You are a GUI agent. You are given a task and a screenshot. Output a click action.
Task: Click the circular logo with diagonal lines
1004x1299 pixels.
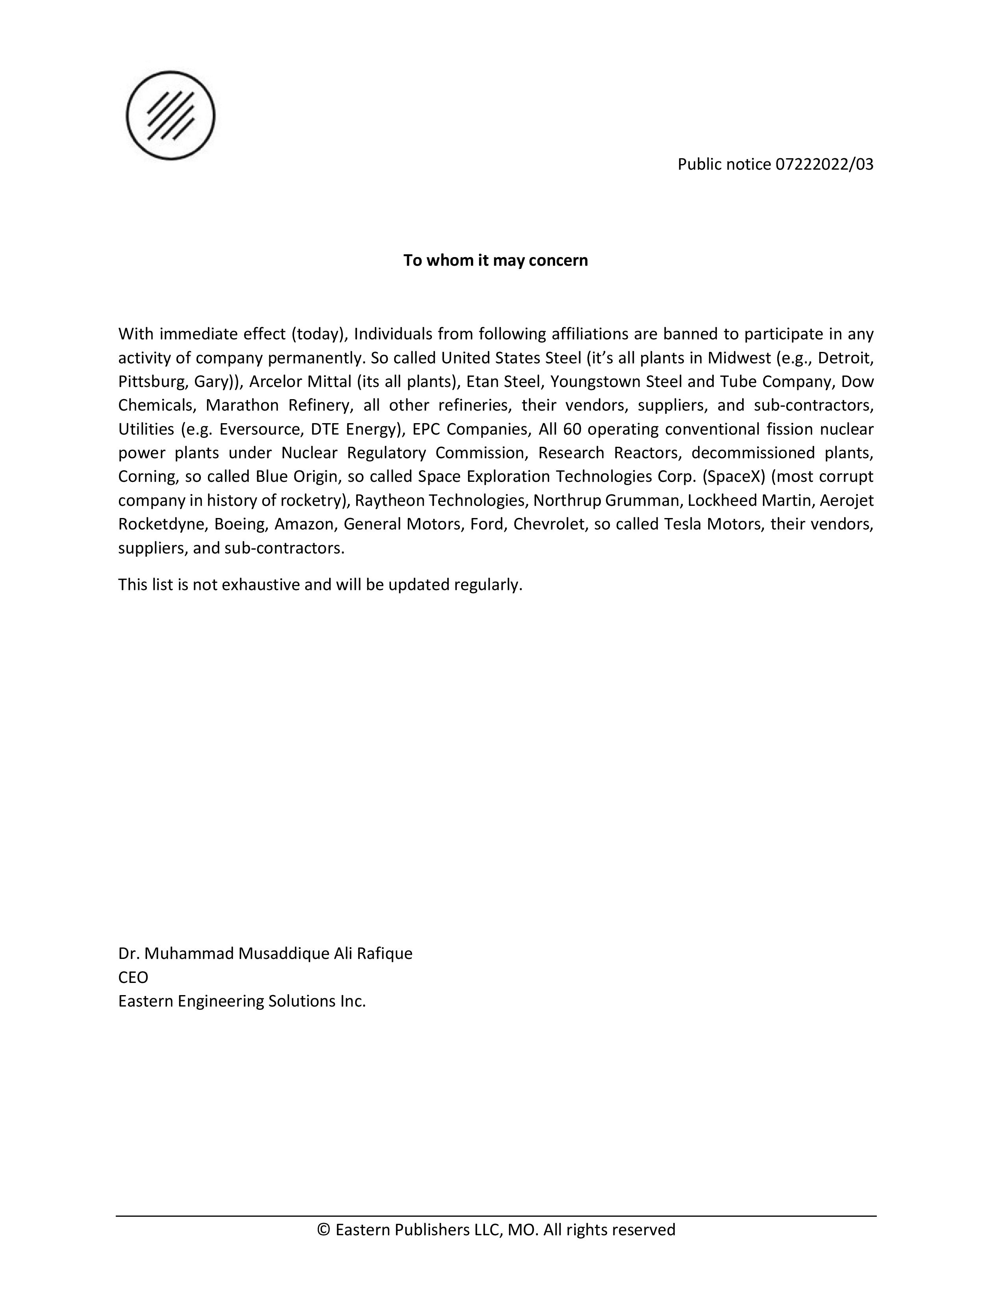click(171, 115)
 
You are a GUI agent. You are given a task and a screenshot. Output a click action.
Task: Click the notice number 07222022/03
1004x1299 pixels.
click(824, 164)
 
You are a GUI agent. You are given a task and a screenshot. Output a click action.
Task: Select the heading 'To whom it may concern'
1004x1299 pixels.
click(495, 261)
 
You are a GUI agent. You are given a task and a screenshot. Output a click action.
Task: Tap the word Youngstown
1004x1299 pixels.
click(595, 382)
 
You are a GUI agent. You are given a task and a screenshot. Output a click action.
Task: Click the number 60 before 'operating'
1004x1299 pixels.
click(572, 429)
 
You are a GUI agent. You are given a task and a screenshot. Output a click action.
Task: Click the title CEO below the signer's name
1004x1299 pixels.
click(133, 978)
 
